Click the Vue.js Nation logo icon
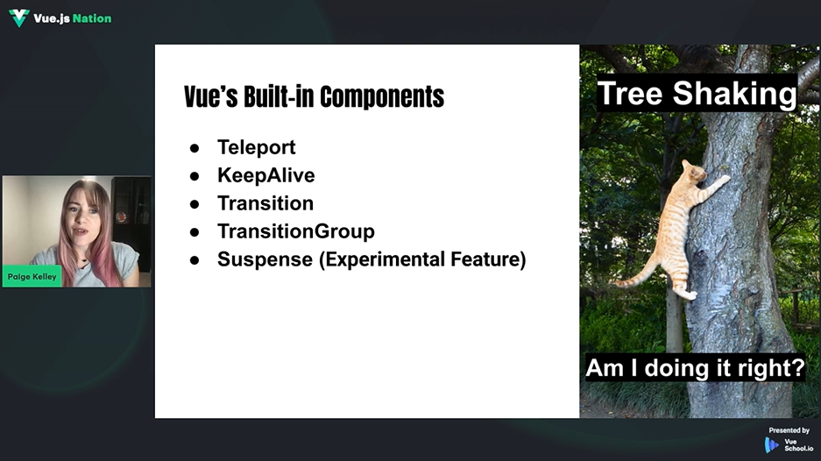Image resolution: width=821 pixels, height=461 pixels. point(19,18)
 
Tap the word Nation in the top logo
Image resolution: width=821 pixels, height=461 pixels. point(92,18)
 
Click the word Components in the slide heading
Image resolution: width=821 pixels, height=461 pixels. point(382,96)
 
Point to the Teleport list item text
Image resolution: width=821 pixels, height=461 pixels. point(257,147)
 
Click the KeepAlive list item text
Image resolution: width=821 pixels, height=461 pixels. point(266,175)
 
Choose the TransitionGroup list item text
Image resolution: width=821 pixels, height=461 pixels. point(296,231)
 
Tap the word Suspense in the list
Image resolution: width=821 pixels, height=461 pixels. point(265,259)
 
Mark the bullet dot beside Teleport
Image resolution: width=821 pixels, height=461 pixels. point(195,148)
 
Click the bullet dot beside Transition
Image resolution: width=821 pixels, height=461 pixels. point(195,204)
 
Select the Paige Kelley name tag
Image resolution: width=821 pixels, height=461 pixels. point(32,277)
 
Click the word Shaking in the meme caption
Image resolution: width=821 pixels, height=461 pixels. point(734,93)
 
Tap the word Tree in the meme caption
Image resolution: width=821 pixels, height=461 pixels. point(631,93)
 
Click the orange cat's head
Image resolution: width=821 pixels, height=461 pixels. point(694,172)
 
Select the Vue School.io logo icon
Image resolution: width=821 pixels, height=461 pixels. point(771,445)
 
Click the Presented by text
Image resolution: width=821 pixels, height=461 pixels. point(789,430)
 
